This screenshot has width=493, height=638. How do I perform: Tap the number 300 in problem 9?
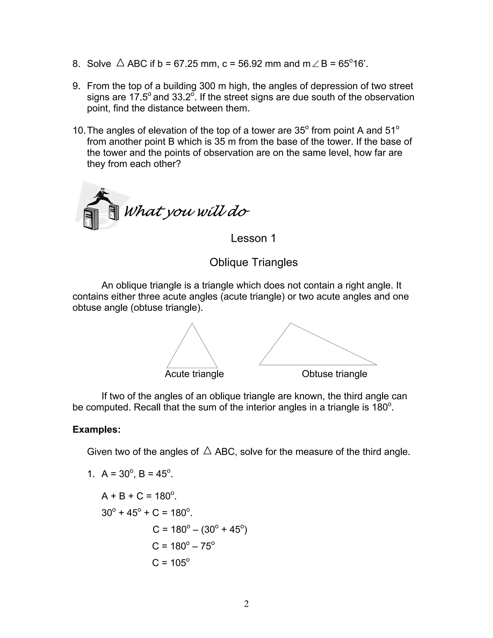coord(208,86)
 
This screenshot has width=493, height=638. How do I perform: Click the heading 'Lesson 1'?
coord(253,238)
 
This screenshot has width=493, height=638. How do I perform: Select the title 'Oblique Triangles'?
coord(253,262)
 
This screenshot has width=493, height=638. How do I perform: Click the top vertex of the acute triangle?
coord(192,323)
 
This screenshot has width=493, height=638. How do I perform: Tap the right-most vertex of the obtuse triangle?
coord(377,365)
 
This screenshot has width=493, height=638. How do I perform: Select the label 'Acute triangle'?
coord(194,374)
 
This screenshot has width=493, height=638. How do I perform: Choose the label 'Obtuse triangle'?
coord(334,374)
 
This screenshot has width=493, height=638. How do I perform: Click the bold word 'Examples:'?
coord(96,430)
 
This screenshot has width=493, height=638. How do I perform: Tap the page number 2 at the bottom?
coord(246,604)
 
